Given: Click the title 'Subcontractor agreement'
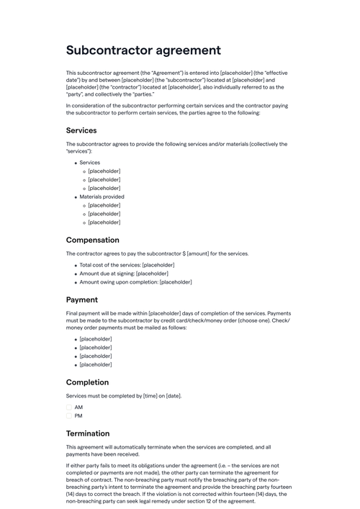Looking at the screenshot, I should (143, 50).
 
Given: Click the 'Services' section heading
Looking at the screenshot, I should (81, 130).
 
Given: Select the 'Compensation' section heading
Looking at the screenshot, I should (93, 240).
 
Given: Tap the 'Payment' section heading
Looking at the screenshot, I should (82, 299).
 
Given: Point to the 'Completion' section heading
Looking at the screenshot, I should (87, 382).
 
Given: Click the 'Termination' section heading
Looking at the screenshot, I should (88, 433).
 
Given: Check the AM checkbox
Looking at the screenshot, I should (69, 407).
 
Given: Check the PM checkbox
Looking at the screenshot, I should (69, 415).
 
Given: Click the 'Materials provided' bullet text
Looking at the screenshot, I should (102, 197).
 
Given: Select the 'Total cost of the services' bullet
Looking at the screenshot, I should (127, 265).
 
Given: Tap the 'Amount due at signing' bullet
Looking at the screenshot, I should (124, 274).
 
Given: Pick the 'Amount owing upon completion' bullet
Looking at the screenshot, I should (135, 282).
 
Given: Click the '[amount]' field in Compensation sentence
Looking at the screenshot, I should (200, 253).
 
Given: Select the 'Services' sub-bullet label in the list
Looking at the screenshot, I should (90, 163).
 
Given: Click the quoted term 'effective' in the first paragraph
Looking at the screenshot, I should (279, 73).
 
